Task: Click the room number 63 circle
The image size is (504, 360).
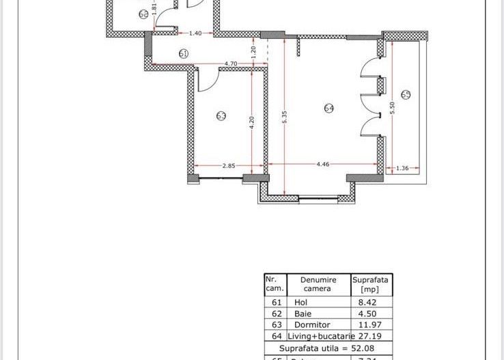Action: [221, 116]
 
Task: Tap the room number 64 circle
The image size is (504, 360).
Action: [328, 108]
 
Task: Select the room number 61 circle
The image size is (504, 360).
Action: [183, 53]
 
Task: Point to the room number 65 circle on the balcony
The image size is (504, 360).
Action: [406, 94]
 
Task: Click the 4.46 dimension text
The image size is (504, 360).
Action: [323, 163]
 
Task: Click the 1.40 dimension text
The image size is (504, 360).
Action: [195, 33]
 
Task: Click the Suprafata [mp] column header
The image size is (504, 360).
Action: [371, 283]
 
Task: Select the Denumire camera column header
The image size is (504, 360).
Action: [317, 283]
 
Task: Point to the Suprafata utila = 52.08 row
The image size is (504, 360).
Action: [328, 347]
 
